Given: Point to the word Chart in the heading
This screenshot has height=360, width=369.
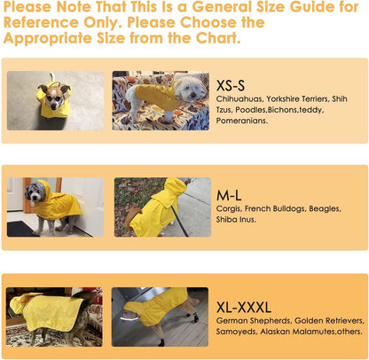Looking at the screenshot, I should (x=214, y=38).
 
